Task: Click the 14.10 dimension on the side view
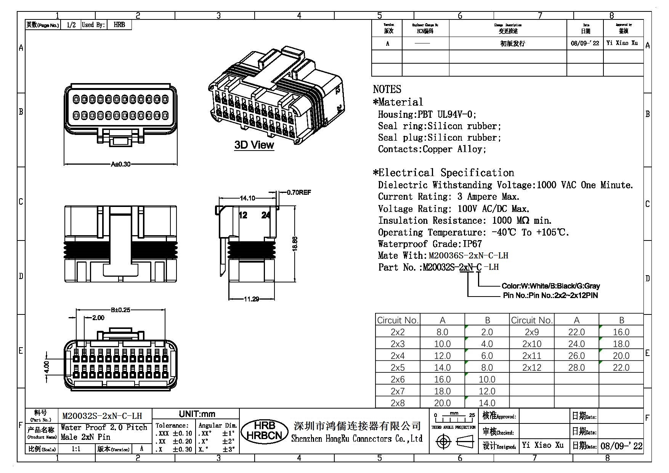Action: pos(247,198)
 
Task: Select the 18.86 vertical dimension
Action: pos(295,244)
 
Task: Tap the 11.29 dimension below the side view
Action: pos(251,299)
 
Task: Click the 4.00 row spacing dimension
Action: pos(47,367)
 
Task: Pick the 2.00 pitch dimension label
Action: pos(98,318)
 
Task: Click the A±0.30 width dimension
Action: pos(120,164)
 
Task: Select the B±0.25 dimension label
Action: pos(120,310)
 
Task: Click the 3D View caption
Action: pos(254,145)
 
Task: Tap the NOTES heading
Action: pos(387,89)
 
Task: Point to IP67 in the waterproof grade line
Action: pos(472,244)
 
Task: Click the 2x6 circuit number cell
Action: pos(398,379)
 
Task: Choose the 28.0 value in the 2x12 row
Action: pos(576,367)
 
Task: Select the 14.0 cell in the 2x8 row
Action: pos(487,403)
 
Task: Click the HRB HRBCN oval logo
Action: pos(264,431)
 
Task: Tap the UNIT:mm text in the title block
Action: pos(197,414)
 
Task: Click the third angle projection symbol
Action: pos(454,442)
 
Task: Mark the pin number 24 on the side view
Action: pos(266,215)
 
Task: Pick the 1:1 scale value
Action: pos(76,449)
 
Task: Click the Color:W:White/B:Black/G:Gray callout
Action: pos(550,286)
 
